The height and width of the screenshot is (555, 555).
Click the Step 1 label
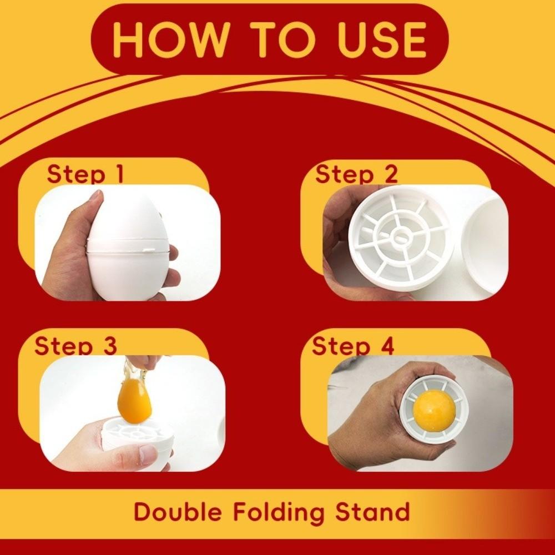pyautogui.click(x=85, y=174)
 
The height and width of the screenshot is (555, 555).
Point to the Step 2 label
pyautogui.click(x=356, y=174)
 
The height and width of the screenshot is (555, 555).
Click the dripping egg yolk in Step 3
pyautogui.click(x=134, y=398)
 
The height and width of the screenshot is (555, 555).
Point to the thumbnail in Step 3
pyautogui.click(x=148, y=455)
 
